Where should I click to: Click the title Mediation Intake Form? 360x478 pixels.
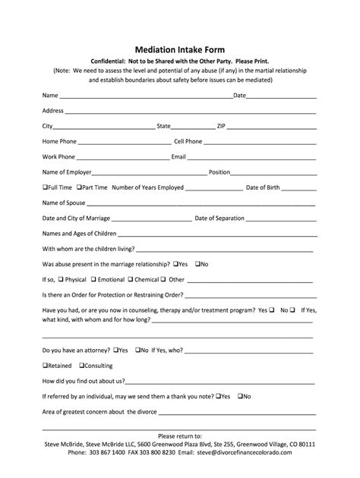[179, 47]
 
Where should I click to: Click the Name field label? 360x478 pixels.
[50, 96]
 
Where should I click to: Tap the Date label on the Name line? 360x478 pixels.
[239, 96]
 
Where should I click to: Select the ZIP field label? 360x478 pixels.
[221, 126]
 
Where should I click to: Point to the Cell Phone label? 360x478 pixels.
[188, 141]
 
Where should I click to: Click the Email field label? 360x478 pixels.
[179, 157]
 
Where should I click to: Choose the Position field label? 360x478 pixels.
[219, 172]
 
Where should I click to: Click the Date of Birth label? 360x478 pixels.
[263, 187]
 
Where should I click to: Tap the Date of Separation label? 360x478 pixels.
[219, 219]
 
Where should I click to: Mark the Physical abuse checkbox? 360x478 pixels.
[61, 279]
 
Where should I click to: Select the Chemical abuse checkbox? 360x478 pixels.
[131, 279]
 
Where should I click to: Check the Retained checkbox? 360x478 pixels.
[45, 365]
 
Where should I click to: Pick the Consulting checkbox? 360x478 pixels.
[82, 365]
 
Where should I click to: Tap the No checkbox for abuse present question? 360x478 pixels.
[197, 264]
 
